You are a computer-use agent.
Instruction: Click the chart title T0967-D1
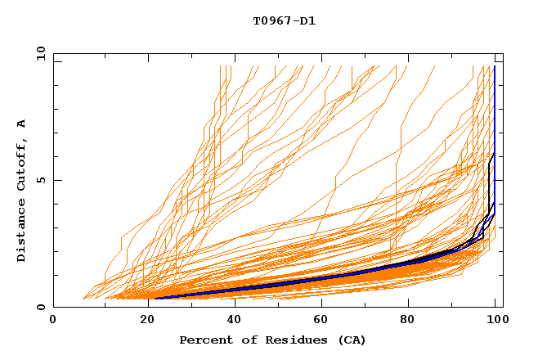point(284,21)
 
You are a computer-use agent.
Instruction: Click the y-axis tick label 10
point(40,54)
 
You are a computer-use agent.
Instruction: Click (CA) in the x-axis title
point(351,340)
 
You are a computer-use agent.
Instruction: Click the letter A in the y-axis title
point(22,124)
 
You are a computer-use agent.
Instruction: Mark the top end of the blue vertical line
point(495,66)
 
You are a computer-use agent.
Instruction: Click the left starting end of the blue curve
point(155,298)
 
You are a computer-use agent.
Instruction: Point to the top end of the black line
point(494,153)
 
